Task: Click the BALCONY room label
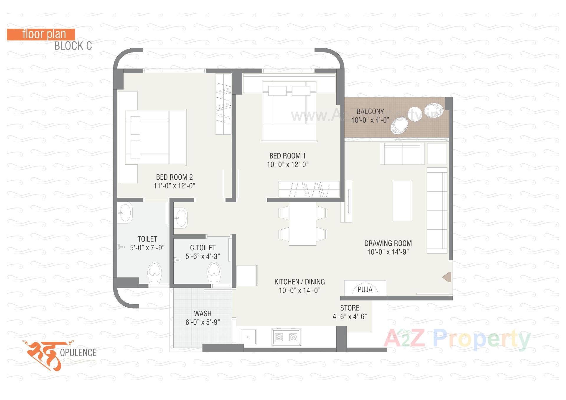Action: click(x=370, y=112)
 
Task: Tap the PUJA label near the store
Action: click(x=365, y=290)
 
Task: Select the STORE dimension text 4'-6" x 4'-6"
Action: click(x=350, y=316)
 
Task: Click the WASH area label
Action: click(x=203, y=314)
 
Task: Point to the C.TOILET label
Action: click(x=203, y=248)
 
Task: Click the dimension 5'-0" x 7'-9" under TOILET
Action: click(x=147, y=248)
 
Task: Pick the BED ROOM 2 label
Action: click(x=174, y=177)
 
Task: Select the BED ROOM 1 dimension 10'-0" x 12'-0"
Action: click(x=287, y=165)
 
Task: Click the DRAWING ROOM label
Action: click(x=388, y=243)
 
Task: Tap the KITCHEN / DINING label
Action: click(x=300, y=282)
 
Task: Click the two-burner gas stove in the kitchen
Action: click(x=286, y=337)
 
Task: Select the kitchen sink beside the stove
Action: click(x=248, y=337)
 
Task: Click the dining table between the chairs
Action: click(x=302, y=223)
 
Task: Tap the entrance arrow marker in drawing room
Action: click(x=447, y=277)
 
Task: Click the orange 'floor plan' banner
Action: click(x=41, y=34)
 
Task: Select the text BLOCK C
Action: click(x=73, y=46)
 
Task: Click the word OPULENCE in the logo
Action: click(x=78, y=352)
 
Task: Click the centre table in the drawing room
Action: click(x=402, y=201)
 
